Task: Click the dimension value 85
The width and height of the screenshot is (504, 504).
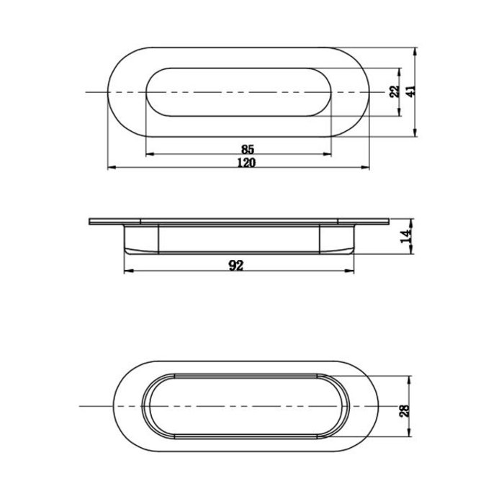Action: click(247, 149)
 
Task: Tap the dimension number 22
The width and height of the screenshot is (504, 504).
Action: click(394, 93)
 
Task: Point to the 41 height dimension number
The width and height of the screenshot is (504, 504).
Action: click(410, 93)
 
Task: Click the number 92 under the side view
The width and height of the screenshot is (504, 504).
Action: click(235, 266)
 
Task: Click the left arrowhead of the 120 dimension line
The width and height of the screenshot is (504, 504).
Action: click(111, 168)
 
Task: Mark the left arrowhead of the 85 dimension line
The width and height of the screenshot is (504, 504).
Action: click(149, 155)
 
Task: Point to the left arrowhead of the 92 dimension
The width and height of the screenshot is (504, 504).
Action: click(128, 272)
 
